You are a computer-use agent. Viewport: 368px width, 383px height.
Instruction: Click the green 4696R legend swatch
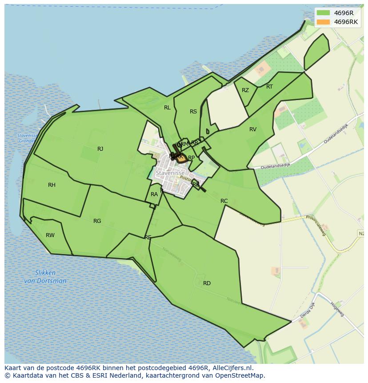click(324, 13)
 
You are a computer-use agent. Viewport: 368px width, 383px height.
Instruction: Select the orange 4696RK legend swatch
click(324, 22)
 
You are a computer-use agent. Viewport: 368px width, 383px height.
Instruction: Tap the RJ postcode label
click(100, 149)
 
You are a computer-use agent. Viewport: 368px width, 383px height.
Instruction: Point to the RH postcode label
click(52, 185)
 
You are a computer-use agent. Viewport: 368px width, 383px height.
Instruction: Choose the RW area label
click(50, 235)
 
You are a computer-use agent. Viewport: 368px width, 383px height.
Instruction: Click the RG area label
click(97, 221)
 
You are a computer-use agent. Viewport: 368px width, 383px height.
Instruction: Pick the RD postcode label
click(207, 283)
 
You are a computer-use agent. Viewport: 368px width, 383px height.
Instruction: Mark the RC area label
click(224, 201)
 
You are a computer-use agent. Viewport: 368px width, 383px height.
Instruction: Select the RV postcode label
click(253, 129)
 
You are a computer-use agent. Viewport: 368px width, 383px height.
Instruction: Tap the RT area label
click(269, 87)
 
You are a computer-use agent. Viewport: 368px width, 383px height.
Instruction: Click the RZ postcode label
click(245, 90)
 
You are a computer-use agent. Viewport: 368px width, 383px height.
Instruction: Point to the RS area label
click(193, 112)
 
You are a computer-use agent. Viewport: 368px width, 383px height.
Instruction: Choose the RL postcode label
click(167, 108)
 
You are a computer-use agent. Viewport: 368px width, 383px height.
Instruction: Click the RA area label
click(154, 194)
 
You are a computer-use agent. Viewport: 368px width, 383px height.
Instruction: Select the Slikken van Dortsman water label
click(45, 277)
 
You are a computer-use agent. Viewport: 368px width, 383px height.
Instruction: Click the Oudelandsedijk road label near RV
click(275, 165)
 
